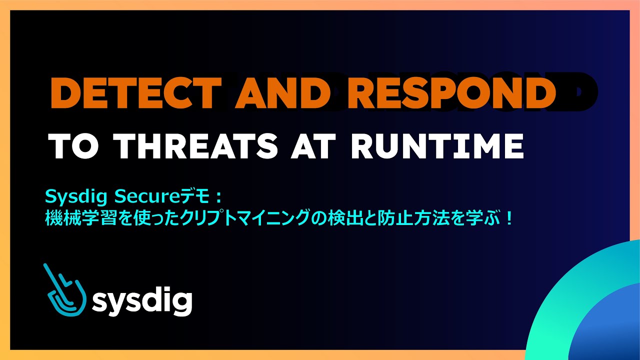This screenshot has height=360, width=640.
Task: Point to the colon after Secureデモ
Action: [223, 194]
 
